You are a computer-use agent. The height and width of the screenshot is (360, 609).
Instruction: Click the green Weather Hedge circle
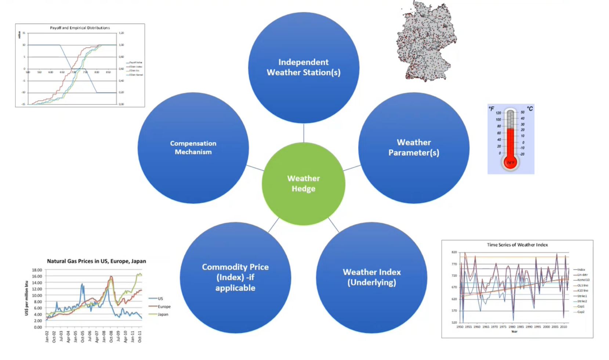[x=304, y=184]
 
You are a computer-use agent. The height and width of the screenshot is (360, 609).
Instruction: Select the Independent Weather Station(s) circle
[x=304, y=68]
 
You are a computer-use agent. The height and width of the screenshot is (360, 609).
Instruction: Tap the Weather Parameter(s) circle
[x=414, y=148]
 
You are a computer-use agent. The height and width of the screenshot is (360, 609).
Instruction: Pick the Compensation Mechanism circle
[x=193, y=148]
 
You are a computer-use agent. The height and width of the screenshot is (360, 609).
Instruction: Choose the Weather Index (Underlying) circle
[x=371, y=277]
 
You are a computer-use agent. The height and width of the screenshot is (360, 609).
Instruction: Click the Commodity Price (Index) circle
[x=235, y=277]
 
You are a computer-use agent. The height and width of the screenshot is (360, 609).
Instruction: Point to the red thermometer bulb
[x=510, y=162]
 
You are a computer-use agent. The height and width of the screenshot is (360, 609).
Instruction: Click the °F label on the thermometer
[x=492, y=109]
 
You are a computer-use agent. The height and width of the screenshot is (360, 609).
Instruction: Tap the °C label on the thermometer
[x=530, y=109]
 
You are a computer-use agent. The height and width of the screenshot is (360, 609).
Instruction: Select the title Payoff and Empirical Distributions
[x=80, y=28]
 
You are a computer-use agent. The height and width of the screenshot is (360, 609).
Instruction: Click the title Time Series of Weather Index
[x=517, y=245]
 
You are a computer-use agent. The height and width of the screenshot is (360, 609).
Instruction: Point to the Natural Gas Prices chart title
[x=96, y=261]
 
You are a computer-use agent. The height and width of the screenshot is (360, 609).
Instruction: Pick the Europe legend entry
[x=164, y=306]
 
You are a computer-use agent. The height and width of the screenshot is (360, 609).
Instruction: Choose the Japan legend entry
[x=163, y=314]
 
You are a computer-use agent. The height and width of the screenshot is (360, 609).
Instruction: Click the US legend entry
[x=160, y=299]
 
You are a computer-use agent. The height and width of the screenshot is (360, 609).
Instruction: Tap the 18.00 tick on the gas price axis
[x=37, y=270]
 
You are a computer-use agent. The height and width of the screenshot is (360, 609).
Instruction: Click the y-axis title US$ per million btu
[x=26, y=298]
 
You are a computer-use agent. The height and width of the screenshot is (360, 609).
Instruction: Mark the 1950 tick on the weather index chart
[x=460, y=327]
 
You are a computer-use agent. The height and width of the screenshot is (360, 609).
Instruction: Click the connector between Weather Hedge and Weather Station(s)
[x=304, y=133]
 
